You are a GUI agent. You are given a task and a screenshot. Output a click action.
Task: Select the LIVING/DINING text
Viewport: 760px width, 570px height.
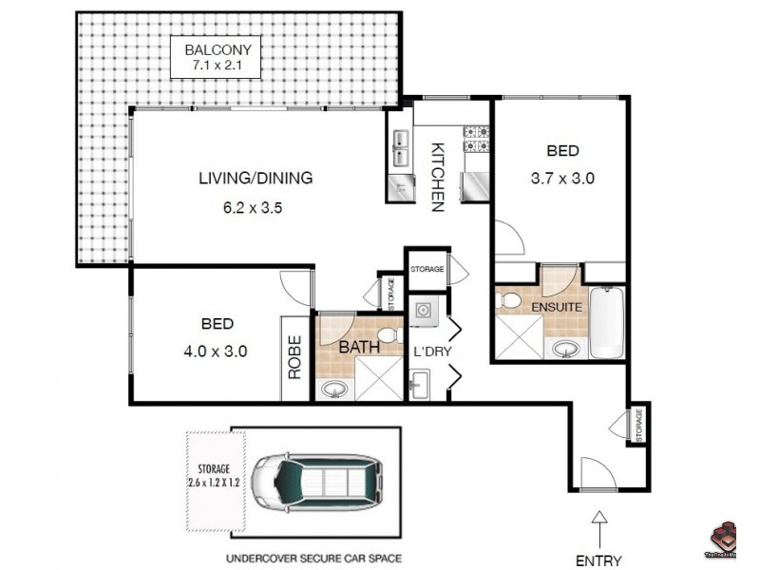point(256,178)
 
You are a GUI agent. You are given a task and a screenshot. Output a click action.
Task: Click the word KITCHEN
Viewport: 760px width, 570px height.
point(438,177)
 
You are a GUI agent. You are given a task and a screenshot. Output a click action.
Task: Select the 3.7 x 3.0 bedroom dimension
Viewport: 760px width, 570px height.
point(561,178)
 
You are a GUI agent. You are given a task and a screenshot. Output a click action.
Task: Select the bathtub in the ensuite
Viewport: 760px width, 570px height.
point(605,324)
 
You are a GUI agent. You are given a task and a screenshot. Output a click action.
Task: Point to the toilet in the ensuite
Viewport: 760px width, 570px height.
point(510,302)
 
